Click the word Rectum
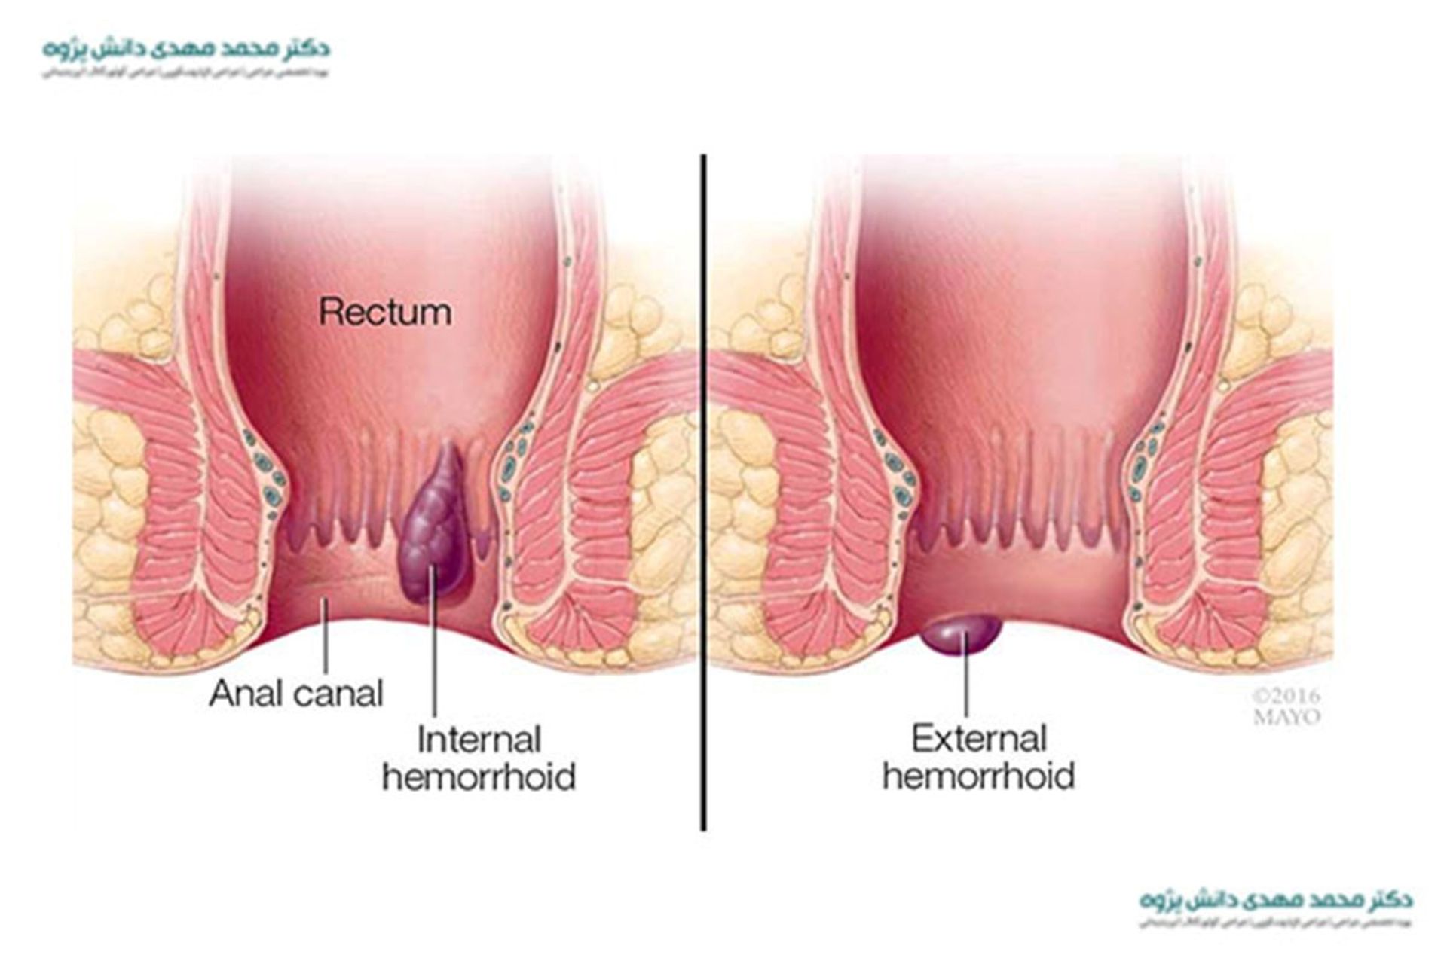(385, 312)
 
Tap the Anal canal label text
(296, 694)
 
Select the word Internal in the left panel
(479, 740)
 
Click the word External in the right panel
(979, 739)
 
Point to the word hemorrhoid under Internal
(479, 776)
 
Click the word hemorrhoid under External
(978, 776)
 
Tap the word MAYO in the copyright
(1286, 717)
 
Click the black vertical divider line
(703, 490)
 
